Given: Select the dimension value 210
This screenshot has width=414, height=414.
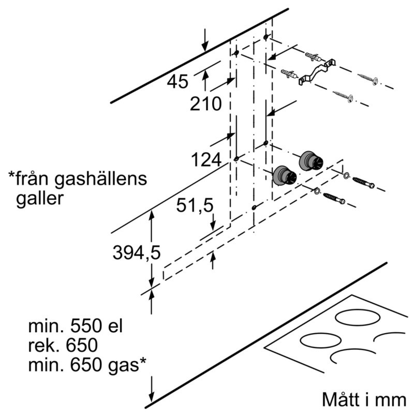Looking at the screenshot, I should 205,104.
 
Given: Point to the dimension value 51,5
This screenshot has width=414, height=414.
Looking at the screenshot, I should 195,206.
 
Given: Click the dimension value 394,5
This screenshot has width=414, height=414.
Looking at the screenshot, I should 137,253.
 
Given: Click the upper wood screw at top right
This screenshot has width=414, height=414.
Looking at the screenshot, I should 368,79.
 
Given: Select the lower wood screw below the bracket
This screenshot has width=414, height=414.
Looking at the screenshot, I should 343,96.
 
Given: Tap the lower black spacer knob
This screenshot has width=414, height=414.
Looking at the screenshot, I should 284,176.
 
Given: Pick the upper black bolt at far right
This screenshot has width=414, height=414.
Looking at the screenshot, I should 363,182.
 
